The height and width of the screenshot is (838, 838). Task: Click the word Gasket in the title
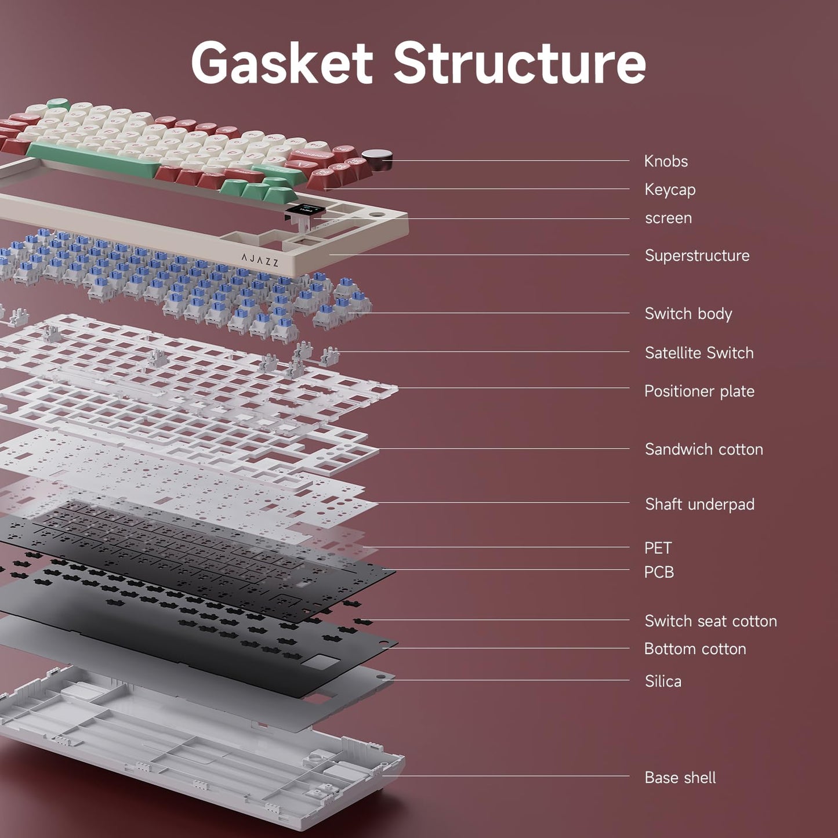click(282, 63)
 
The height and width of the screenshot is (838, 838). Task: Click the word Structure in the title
click(520, 63)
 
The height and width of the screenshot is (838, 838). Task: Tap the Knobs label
click(666, 161)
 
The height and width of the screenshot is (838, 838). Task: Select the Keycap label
click(670, 190)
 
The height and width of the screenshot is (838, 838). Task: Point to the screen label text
click(668, 218)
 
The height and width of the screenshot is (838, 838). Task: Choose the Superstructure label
click(697, 256)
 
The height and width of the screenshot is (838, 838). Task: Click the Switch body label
click(688, 314)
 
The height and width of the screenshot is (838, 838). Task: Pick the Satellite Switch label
click(699, 353)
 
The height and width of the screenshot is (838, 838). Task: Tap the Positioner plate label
click(699, 391)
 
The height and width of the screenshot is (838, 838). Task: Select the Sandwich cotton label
click(703, 449)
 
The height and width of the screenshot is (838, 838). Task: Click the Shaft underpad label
click(699, 504)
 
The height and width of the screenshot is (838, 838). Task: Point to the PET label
click(658, 548)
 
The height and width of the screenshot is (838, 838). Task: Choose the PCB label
click(659, 572)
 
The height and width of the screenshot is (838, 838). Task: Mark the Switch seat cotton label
click(710, 621)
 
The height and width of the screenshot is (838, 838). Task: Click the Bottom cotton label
click(695, 649)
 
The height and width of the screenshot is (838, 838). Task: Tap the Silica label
click(663, 681)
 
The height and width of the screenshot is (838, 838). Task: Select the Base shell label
click(680, 778)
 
